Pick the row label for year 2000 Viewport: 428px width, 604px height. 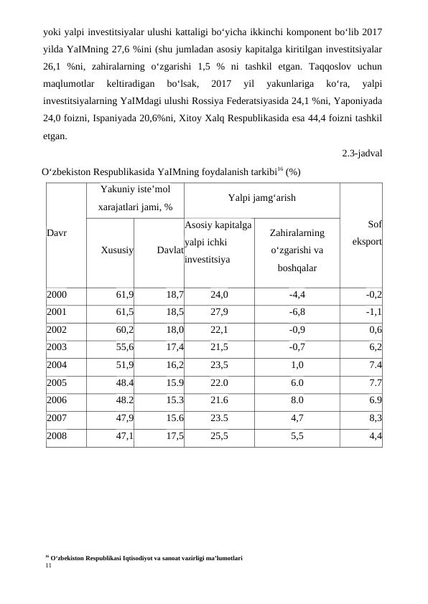[57, 294]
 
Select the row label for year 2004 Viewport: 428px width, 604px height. [57, 364]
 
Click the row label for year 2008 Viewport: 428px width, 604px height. [57, 435]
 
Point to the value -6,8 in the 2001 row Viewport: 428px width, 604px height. [297, 311]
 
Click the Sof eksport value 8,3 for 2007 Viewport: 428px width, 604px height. [374, 417]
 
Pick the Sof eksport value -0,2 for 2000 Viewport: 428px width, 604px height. [373, 294]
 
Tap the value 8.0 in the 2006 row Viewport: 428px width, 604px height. [297, 400]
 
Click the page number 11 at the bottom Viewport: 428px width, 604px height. [48, 565]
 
